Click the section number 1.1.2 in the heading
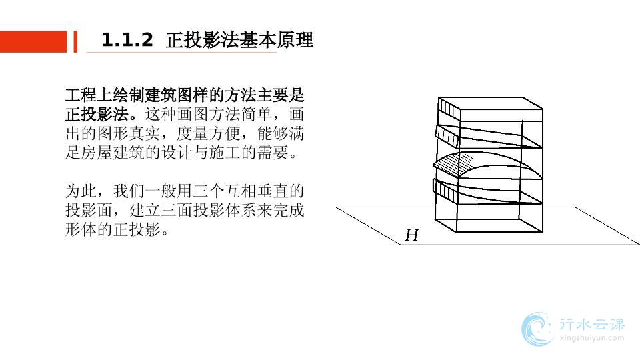pyautogui.click(x=127, y=41)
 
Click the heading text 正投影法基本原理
pyautogui.click(x=239, y=41)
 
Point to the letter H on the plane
pyautogui.click(x=412, y=235)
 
